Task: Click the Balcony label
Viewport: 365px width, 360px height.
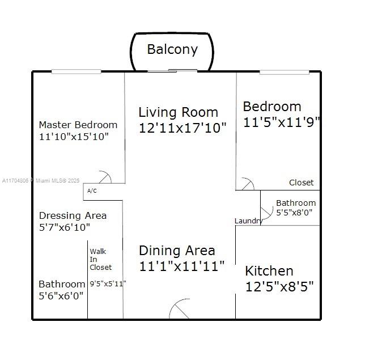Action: click(172, 49)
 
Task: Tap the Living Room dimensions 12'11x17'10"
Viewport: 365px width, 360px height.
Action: click(182, 128)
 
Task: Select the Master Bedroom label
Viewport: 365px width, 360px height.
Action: click(78, 125)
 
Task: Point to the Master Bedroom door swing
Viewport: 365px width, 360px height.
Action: click(106, 176)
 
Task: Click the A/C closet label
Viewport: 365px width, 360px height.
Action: click(92, 191)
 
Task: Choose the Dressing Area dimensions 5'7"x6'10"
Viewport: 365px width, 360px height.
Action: click(65, 227)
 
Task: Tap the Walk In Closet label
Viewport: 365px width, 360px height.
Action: click(100, 260)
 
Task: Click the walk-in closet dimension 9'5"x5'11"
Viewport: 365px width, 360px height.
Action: click(108, 283)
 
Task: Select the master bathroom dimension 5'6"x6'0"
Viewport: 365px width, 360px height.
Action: click(61, 296)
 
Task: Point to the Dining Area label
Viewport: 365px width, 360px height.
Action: click(177, 251)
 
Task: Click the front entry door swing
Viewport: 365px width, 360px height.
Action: click(179, 308)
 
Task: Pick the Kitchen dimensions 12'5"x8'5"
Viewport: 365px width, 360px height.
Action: click(279, 286)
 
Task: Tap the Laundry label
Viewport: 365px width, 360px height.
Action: click(248, 221)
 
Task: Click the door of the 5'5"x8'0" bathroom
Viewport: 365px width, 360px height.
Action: click(267, 213)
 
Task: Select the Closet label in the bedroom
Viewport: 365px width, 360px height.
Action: click(301, 183)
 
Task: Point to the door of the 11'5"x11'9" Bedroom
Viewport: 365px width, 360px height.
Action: click(248, 184)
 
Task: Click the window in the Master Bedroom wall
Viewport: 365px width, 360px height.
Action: click(76, 71)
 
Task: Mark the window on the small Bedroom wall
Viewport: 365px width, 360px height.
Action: click(284, 72)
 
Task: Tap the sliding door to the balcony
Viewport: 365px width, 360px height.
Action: click(172, 70)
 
